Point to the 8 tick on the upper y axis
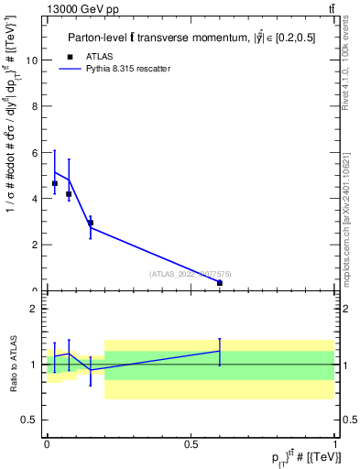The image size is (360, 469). [37, 106]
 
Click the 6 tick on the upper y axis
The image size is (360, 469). [37, 153]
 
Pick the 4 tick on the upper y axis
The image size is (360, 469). [37, 199]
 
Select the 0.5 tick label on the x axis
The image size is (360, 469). [191, 443]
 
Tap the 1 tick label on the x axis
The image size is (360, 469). [336, 443]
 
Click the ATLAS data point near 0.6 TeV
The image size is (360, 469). [220, 283]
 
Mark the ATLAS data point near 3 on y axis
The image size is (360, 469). [90, 223]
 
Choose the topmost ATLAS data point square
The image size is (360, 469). [55, 183]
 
